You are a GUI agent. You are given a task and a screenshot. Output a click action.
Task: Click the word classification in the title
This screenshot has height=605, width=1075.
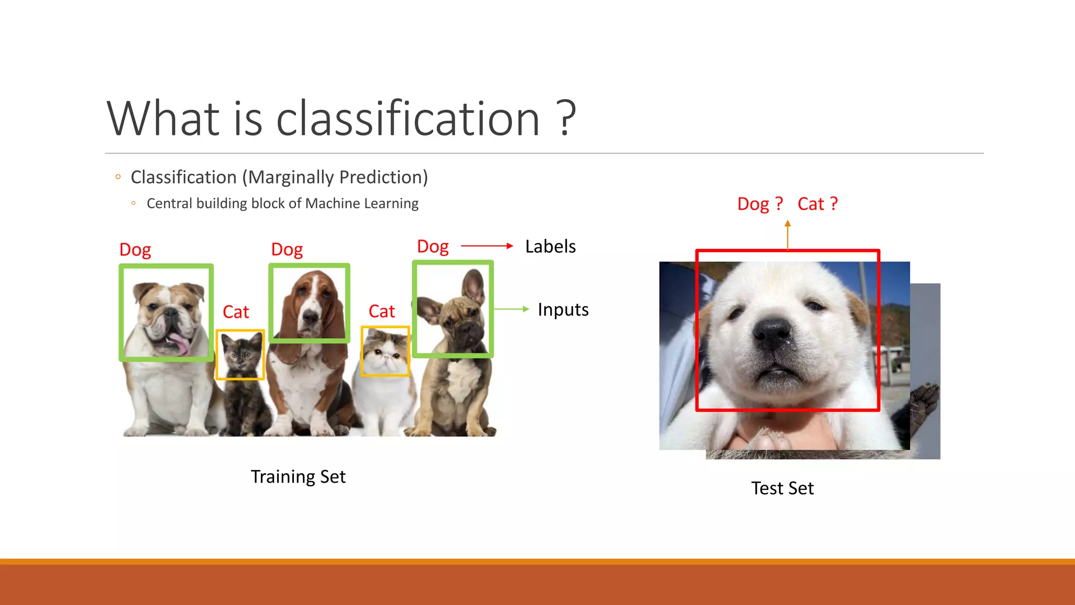click(x=408, y=119)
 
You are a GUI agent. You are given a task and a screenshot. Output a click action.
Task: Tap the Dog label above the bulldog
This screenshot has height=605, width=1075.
click(x=135, y=249)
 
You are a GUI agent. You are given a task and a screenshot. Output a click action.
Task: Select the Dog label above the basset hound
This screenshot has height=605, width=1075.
click(x=287, y=249)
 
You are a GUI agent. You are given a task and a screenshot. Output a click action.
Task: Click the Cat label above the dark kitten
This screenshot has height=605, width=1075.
click(x=236, y=312)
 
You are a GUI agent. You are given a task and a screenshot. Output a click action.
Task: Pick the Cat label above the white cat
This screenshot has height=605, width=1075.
click(x=382, y=311)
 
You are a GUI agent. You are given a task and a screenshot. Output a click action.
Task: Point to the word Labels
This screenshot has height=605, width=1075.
click(x=550, y=246)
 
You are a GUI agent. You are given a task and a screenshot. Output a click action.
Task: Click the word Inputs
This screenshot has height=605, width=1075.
click(x=563, y=309)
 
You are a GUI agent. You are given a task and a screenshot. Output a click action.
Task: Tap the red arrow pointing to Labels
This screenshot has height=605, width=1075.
click(x=487, y=246)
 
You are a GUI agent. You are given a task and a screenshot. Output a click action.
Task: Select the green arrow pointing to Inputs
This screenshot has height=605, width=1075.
click(x=511, y=309)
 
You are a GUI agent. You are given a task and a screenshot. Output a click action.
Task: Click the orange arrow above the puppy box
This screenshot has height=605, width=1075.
click(x=787, y=235)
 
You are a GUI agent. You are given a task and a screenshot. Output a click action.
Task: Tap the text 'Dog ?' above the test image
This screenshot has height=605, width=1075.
click(x=760, y=204)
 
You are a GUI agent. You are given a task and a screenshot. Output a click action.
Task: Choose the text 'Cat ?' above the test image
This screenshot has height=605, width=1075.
click(x=817, y=204)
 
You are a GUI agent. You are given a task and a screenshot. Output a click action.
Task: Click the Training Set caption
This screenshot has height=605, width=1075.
click(x=298, y=477)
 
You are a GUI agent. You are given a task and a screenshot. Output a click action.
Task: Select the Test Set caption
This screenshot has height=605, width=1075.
click(x=782, y=488)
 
